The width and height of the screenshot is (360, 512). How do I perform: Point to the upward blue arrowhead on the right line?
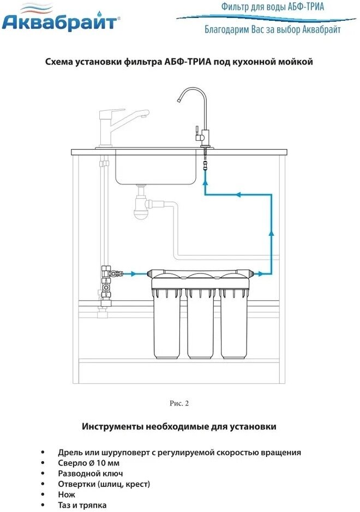click(x=271, y=233)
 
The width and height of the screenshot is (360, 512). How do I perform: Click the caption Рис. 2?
click(x=179, y=403)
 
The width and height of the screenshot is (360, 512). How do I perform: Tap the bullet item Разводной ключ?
click(x=90, y=473)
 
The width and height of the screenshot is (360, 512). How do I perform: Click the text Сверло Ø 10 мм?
click(x=88, y=463)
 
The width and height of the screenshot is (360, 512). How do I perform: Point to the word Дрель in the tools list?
click(x=70, y=452)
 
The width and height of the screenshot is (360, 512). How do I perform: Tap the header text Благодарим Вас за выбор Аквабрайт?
click(x=272, y=29)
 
